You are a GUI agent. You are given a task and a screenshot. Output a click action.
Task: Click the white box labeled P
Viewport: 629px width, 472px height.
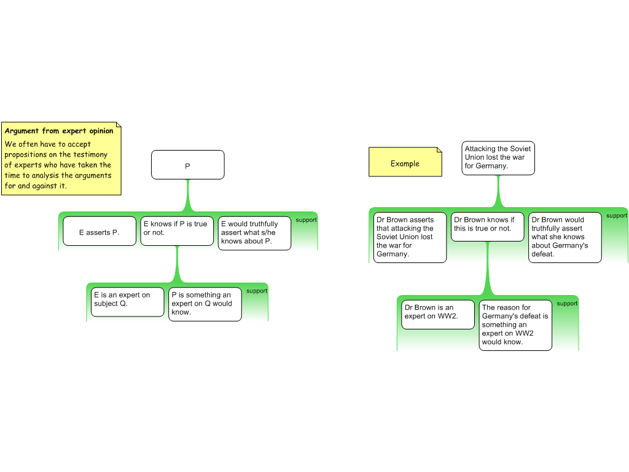(187, 165)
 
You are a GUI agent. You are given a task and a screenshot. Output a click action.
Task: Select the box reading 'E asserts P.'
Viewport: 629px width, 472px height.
(99, 232)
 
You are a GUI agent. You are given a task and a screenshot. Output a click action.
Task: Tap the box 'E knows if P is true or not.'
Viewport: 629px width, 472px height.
(177, 230)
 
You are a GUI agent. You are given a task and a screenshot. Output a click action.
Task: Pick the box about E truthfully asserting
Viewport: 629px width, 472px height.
(254, 233)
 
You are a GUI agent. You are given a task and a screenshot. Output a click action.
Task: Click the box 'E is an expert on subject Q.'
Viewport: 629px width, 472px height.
(127, 302)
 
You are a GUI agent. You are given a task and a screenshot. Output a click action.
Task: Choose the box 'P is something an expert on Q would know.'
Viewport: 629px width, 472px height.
(205, 304)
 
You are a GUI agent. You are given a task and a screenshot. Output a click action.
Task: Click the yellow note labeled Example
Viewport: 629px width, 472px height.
(405, 163)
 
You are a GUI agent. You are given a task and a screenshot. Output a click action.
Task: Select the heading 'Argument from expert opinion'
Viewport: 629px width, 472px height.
(59, 131)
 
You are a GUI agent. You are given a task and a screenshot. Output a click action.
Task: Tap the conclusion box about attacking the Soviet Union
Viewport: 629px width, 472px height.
(498, 158)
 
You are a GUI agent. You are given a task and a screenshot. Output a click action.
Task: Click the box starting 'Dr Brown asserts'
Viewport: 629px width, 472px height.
(409, 237)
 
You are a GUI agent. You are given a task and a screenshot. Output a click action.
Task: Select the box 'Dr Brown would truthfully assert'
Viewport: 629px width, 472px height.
(565, 237)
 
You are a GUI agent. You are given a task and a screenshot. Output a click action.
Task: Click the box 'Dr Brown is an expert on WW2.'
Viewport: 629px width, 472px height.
(437, 314)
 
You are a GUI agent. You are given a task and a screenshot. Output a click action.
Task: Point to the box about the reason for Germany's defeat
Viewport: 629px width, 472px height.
(515, 325)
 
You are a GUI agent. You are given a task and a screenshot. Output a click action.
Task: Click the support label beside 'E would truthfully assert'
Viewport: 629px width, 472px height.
(306, 220)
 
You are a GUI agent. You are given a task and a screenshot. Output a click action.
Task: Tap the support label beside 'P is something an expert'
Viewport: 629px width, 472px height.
(256, 291)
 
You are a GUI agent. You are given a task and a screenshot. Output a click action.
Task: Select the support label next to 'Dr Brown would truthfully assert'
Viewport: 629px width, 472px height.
(616, 216)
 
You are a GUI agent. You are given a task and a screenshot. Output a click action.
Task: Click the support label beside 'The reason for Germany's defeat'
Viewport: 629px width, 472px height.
(566, 304)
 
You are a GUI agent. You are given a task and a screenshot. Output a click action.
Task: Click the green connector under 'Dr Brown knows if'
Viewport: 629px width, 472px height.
(488, 270)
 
